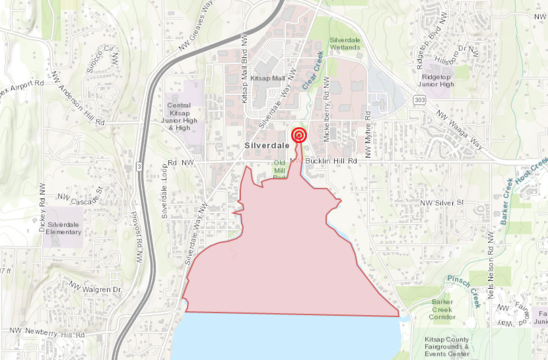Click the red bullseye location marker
298,136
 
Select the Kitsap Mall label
269,76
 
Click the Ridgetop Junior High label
444,82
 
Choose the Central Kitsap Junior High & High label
179,116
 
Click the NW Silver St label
444,204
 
